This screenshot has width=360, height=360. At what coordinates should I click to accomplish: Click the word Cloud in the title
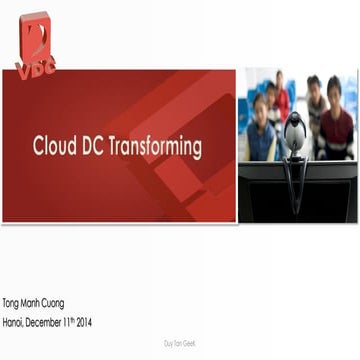pos(54,147)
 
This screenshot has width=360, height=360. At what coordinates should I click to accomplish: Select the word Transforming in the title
pos(157,147)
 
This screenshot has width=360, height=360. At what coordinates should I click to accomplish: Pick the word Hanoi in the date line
pos(16,322)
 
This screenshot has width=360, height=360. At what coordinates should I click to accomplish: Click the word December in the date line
pos(56,322)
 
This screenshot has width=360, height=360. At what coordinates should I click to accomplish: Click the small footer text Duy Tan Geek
pos(180,342)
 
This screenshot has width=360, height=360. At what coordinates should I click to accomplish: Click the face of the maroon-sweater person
pos(334,91)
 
